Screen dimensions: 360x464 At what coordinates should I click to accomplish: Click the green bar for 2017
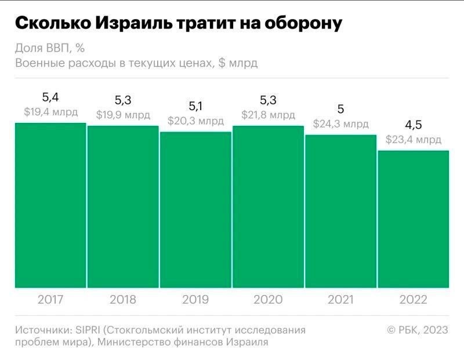(50, 205)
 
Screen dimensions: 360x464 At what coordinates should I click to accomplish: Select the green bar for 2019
(195, 209)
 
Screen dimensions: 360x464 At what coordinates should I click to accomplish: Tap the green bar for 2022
(414, 219)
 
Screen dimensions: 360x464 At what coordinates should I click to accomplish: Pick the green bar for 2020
(268, 206)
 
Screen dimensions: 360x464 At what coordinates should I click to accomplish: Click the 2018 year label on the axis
(122, 300)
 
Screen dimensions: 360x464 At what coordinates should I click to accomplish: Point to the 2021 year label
(341, 300)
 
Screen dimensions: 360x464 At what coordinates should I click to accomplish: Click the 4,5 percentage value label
(414, 125)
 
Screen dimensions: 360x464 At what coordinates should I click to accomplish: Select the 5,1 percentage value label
(195, 106)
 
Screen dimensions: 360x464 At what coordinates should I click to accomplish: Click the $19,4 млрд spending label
(50, 112)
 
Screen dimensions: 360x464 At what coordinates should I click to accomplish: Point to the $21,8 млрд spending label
(268, 115)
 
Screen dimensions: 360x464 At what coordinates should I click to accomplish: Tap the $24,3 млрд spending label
(341, 124)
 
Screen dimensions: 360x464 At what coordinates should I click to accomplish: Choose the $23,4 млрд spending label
(414, 140)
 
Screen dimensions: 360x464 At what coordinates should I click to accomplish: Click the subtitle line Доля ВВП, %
(52, 48)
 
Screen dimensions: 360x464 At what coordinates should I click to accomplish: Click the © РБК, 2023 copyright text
(418, 330)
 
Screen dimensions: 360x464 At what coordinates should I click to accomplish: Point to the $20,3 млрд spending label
(195, 121)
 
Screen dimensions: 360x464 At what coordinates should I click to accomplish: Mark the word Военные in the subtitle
(37, 63)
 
